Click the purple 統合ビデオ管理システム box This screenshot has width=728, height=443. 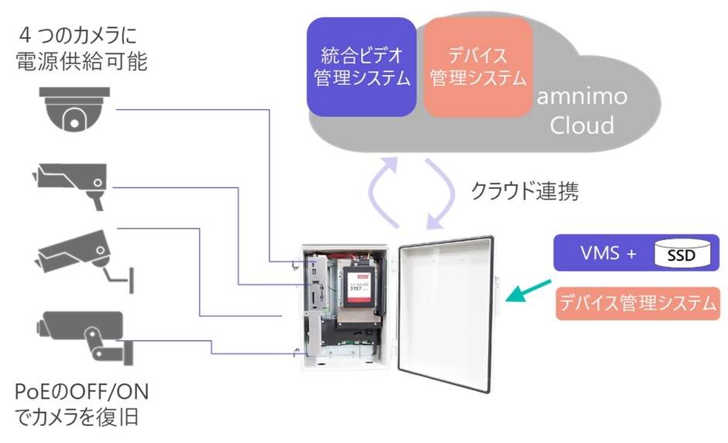(361, 67)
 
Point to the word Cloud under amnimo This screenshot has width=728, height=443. (582, 125)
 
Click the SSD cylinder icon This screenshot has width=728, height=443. (681, 252)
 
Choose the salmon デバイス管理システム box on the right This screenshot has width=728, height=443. (637, 303)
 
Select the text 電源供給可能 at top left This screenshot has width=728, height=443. (81, 62)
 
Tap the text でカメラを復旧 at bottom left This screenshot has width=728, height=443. (77, 417)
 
